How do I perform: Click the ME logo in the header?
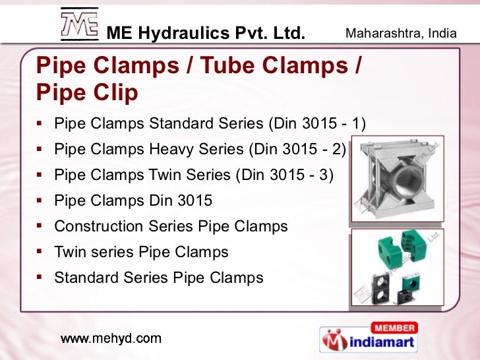point(78,24)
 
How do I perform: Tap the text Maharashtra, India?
point(402,32)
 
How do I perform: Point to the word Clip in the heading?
point(113,93)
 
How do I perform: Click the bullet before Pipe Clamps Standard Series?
point(41,124)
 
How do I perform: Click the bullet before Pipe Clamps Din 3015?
point(41,201)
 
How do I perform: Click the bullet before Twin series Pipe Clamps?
point(41,253)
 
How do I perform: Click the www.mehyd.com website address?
point(111,339)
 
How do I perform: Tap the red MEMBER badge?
point(394,328)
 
